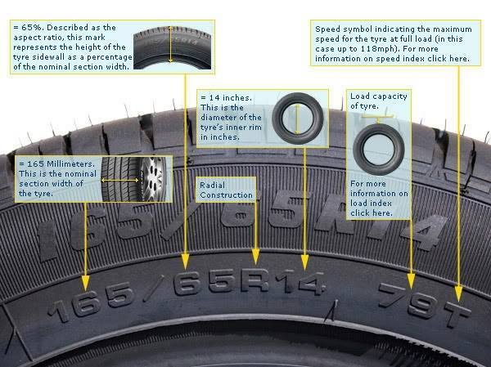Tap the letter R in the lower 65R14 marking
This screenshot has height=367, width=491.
coord(255,280)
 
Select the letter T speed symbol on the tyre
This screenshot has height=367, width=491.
coord(457,314)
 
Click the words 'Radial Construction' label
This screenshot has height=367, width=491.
coord(226,190)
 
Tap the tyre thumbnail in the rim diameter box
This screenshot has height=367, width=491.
coord(298,119)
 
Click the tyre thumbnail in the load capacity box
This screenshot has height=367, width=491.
coord(379,150)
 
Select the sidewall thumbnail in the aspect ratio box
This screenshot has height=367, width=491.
coord(172,47)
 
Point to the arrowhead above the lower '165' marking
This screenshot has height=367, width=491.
coord(85,283)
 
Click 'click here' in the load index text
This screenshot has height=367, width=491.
coord(372,213)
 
